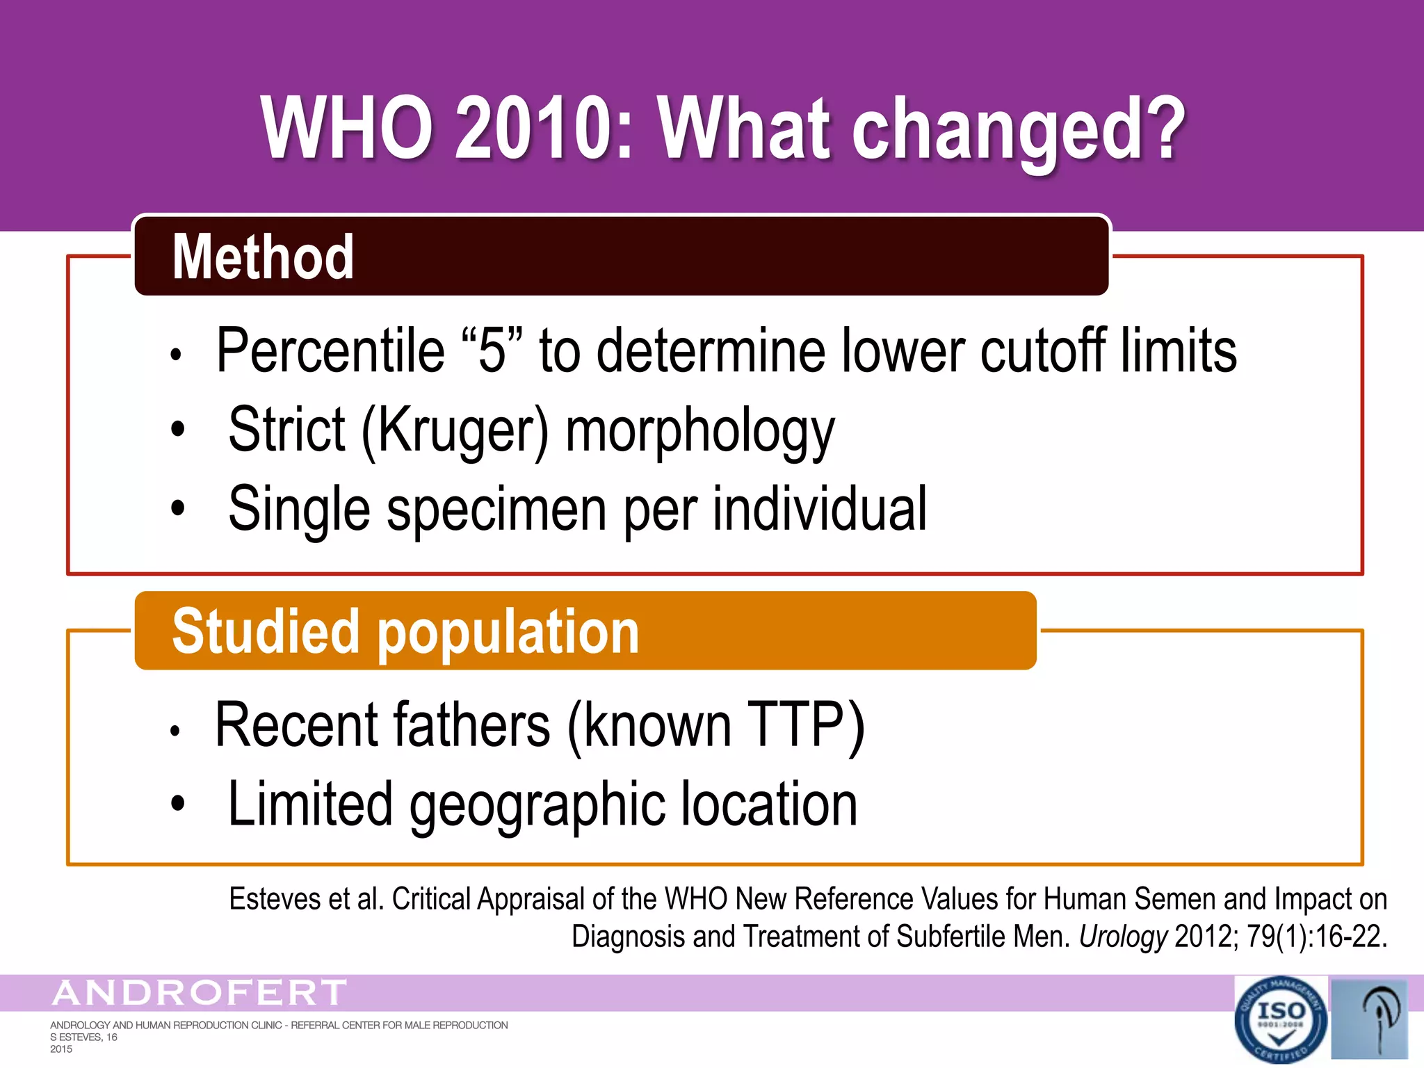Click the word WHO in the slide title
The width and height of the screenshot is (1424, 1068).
pyautogui.click(x=347, y=129)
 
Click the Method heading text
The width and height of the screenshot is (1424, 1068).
pyautogui.click(x=263, y=257)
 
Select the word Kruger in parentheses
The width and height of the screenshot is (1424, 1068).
pyautogui.click(x=455, y=430)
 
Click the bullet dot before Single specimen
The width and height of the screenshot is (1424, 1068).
pyautogui.click(x=178, y=508)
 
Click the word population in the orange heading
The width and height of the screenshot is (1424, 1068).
pyautogui.click(x=508, y=631)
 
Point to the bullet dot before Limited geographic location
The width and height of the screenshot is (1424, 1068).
pyautogui.click(x=178, y=803)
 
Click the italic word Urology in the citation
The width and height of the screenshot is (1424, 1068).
pyautogui.click(x=1123, y=937)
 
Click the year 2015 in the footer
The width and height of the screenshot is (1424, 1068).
pyautogui.click(x=61, y=1049)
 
